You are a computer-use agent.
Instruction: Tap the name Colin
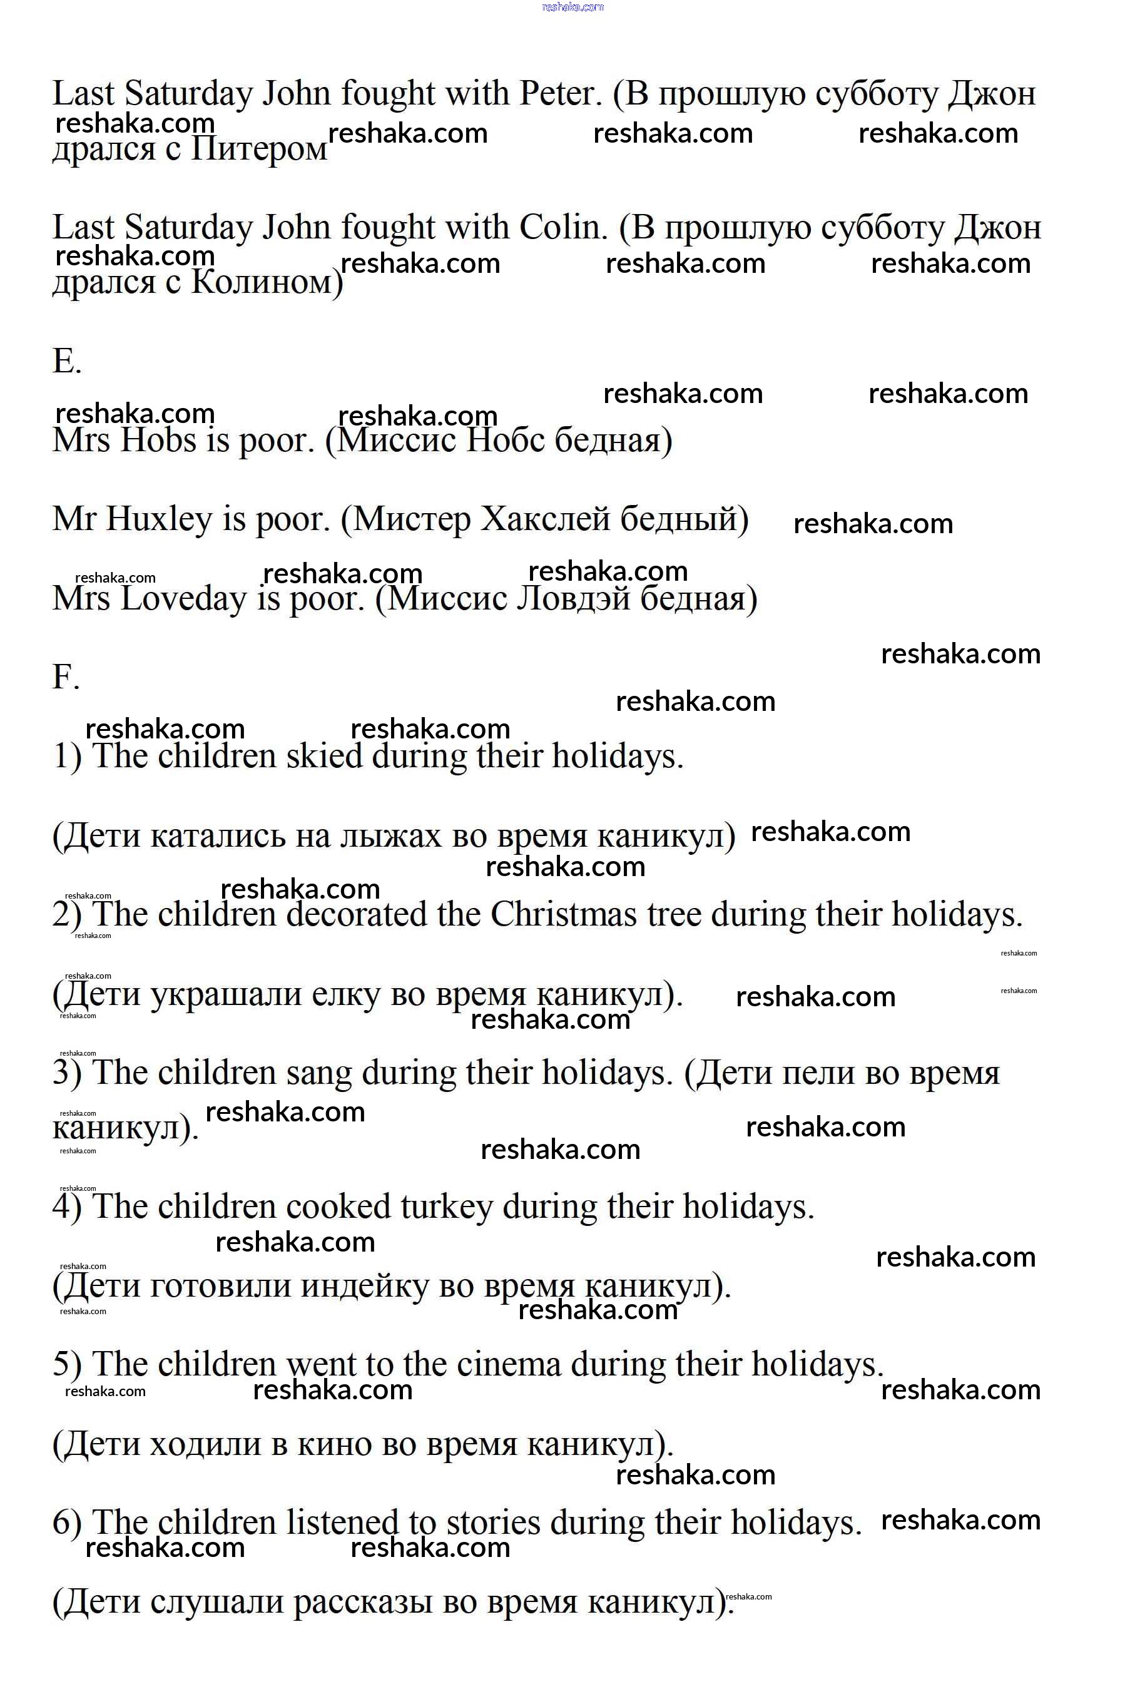point(562,228)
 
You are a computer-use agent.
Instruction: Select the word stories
point(493,1523)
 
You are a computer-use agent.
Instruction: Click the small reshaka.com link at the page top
point(572,8)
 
